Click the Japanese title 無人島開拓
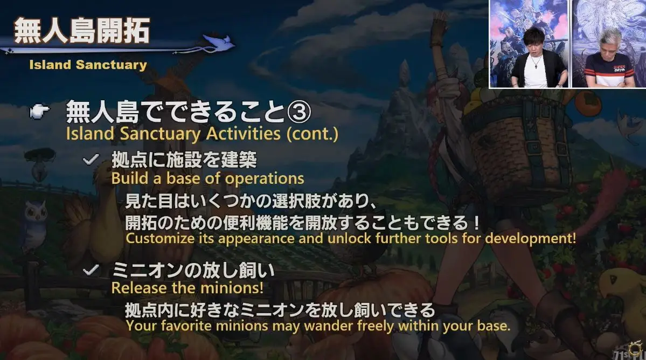pos(81,31)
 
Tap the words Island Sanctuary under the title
pos(88,65)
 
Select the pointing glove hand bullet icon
pos(40,110)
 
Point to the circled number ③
pos(298,112)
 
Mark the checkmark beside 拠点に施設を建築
pos(91,159)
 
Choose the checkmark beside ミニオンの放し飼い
pos(91,270)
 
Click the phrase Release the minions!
pos(187,287)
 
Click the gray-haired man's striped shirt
pos(606,71)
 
